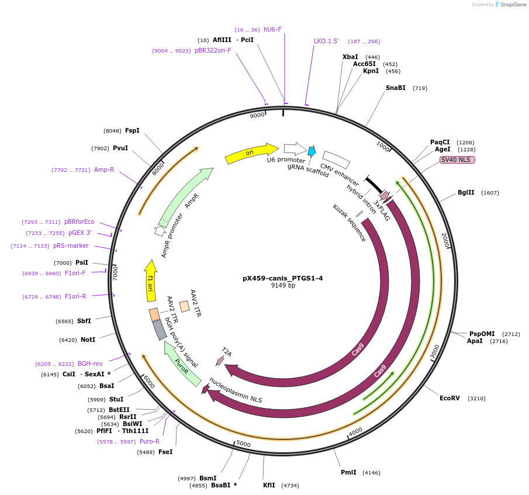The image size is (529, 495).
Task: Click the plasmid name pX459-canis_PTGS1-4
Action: coord(282,278)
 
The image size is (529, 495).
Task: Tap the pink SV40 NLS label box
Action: coord(458,160)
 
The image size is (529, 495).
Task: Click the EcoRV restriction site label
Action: coord(450,398)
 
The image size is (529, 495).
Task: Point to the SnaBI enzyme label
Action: coord(395,88)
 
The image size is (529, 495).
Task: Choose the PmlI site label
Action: coord(348,472)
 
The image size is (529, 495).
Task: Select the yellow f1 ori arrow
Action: coord(150,281)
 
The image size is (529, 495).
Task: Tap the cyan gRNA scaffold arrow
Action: coord(312,151)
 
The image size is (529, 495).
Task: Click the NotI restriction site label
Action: coord(88,340)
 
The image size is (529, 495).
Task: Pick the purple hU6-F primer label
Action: coord(272,29)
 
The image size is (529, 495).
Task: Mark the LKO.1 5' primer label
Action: coord(326,41)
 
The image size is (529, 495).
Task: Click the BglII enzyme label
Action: coord(466,192)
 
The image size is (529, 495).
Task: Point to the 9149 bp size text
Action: coord(282,286)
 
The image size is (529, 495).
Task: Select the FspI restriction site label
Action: coord(132,130)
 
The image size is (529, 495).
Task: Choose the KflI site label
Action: coord(269,486)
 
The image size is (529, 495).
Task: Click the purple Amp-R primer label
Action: coord(104,169)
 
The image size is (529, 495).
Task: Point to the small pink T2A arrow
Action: coord(220,361)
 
